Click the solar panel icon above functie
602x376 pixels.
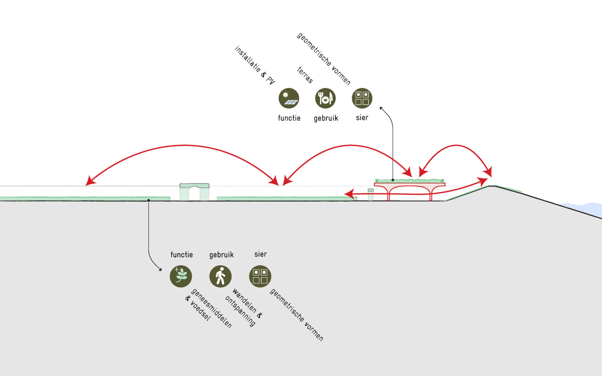tap(289, 98)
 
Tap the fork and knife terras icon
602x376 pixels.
tap(325, 98)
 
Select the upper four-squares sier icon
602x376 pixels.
tap(362, 98)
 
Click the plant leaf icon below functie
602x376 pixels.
tap(181, 276)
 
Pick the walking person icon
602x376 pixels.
tap(220, 276)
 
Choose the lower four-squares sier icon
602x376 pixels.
tap(260, 276)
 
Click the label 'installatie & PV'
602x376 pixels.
tap(255, 65)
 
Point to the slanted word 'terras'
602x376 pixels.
tap(305, 75)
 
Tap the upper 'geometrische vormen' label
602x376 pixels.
tap(324, 59)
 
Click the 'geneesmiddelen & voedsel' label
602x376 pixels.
tap(208, 309)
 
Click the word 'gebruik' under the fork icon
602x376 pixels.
tap(326, 118)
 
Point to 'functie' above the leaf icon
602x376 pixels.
tap(181, 255)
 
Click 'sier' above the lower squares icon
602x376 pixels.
tap(260, 254)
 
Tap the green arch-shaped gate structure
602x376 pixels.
tap(194, 191)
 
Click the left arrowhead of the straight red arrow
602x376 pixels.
tap(348, 194)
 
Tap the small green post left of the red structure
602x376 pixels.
tap(371, 195)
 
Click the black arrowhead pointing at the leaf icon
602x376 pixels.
tap(160, 270)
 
